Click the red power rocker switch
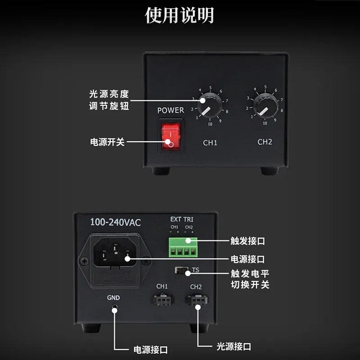[x=171, y=136]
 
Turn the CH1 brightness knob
[x=210, y=105]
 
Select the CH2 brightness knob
[x=265, y=106]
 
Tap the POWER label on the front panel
[x=171, y=110]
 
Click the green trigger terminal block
[x=183, y=247]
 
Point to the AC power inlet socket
[x=115, y=252]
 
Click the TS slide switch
[x=181, y=270]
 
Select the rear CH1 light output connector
[x=163, y=300]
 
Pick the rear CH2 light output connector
[x=197, y=300]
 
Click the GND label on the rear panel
[x=113, y=298]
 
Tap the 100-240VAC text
[x=116, y=222]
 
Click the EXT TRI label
[x=182, y=220]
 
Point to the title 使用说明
[x=180, y=15]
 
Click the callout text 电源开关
[x=107, y=142]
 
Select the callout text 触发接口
[x=248, y=241]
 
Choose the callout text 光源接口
[x=234, y=346]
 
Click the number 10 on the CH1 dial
[x=210, y=124]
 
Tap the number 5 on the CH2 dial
[x=265, y=87]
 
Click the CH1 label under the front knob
[x=210, y=143]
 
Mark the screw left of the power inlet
[x=84, y=261]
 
